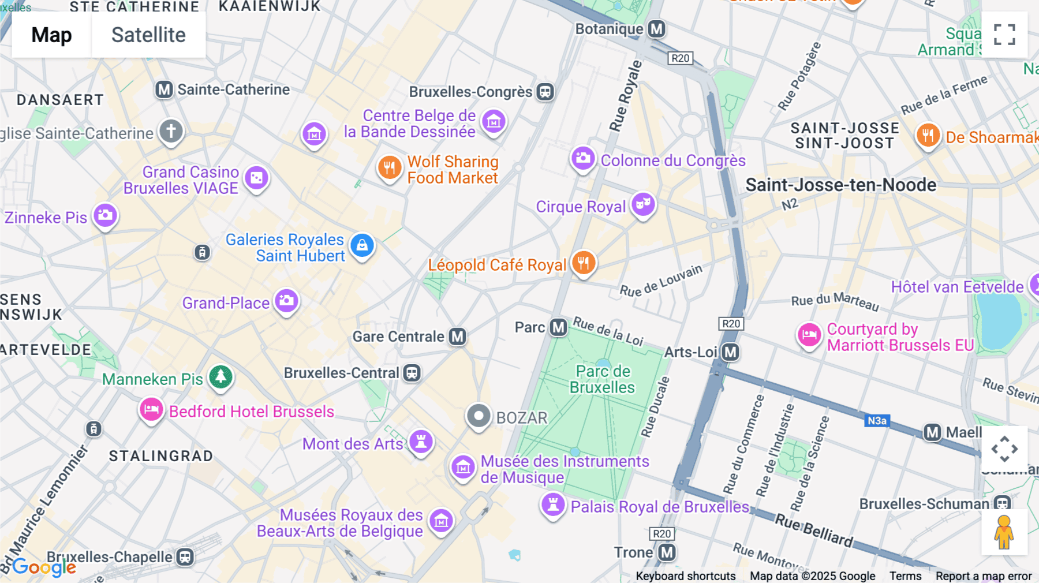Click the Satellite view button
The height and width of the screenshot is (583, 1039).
(148, 35)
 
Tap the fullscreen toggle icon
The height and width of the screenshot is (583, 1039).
(1004, 35)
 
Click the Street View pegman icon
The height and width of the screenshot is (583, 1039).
(1004, 532)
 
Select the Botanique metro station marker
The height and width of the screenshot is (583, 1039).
(656, 29)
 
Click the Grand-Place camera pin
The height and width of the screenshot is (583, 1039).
(286, 301)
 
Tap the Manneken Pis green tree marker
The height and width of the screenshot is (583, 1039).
(220, 377)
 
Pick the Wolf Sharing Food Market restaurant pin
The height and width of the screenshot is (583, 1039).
(390, 168)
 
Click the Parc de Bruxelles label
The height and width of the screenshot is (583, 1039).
(603, 379)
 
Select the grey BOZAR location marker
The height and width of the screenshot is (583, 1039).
(479, 416)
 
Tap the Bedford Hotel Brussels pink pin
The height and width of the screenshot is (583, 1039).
(151, 410)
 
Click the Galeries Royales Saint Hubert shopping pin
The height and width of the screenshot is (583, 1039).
(362, 246)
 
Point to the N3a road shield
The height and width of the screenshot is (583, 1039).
(877, 421)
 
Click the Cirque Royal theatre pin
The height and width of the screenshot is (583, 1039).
(643, 204)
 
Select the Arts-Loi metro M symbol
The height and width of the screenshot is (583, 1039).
(731, 352)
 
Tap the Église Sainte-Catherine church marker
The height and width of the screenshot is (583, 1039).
(171, 131)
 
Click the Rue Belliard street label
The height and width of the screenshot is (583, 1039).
(814, 530)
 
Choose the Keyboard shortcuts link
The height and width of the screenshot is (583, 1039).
(685, 575)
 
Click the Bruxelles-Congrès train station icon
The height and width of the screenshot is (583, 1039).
(545, 92)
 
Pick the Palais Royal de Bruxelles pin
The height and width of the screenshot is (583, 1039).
(552, 504)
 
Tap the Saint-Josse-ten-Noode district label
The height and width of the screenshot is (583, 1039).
(840, 185)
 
